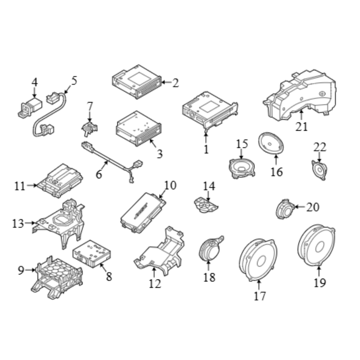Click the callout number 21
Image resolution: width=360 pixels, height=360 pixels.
click(301, 127)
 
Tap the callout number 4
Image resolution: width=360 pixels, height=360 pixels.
click(34, 82)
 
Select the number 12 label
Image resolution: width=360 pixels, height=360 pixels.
click(155, 284)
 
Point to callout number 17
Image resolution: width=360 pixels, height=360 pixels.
click(260, 296)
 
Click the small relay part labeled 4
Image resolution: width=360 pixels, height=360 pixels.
click(30, 108)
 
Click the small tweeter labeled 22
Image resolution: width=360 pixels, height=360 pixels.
click(319, 170)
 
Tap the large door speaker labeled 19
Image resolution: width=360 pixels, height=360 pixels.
click(316, 245)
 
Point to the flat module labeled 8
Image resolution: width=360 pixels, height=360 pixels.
click(92, 254)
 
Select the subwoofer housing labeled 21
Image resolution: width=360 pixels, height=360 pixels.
click(300, 95)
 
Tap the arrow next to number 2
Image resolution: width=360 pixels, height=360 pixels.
click(166, 82)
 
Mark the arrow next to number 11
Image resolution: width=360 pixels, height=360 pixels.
click(32, 185)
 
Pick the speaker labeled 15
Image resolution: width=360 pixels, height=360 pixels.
click(242, 169)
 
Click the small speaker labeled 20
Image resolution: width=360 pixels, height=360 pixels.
click(285, 209)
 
